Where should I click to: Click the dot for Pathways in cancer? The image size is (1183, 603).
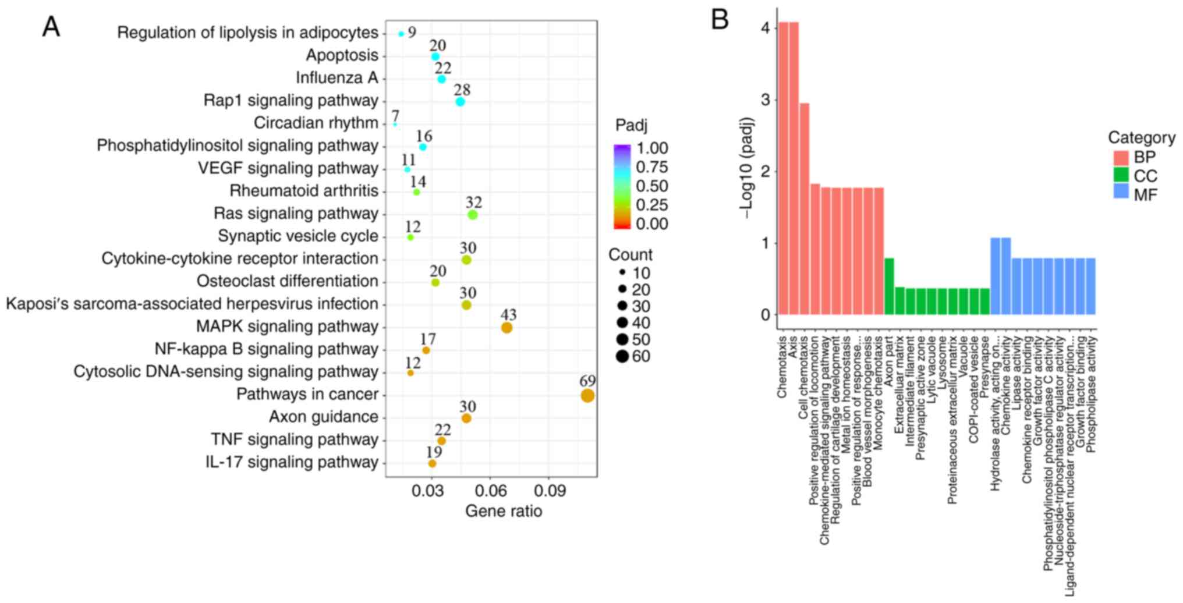click(587, 396)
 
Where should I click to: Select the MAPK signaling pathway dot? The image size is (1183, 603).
click(507, 328)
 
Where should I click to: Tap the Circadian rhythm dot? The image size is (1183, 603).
click(395, 125)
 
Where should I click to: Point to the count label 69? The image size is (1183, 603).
click(587, 381)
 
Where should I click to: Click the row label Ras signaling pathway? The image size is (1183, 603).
click(296, 214)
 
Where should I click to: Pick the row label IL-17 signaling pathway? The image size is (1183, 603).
click(292, 462)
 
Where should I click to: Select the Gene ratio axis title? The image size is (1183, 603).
click(504, 511)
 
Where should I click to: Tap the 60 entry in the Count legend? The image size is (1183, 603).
click(640, 356)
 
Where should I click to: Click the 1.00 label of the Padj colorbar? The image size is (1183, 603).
click(652, 148)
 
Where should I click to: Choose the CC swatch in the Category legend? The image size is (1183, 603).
click(1121, 176)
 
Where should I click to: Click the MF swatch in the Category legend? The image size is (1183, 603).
click(1121, 194)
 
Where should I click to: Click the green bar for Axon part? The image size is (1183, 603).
click(889, 286)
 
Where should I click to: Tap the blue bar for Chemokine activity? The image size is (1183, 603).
click(1005, 276)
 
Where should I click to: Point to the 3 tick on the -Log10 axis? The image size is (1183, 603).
click(766, 100)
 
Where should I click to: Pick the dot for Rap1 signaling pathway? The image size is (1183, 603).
click(460, 102)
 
